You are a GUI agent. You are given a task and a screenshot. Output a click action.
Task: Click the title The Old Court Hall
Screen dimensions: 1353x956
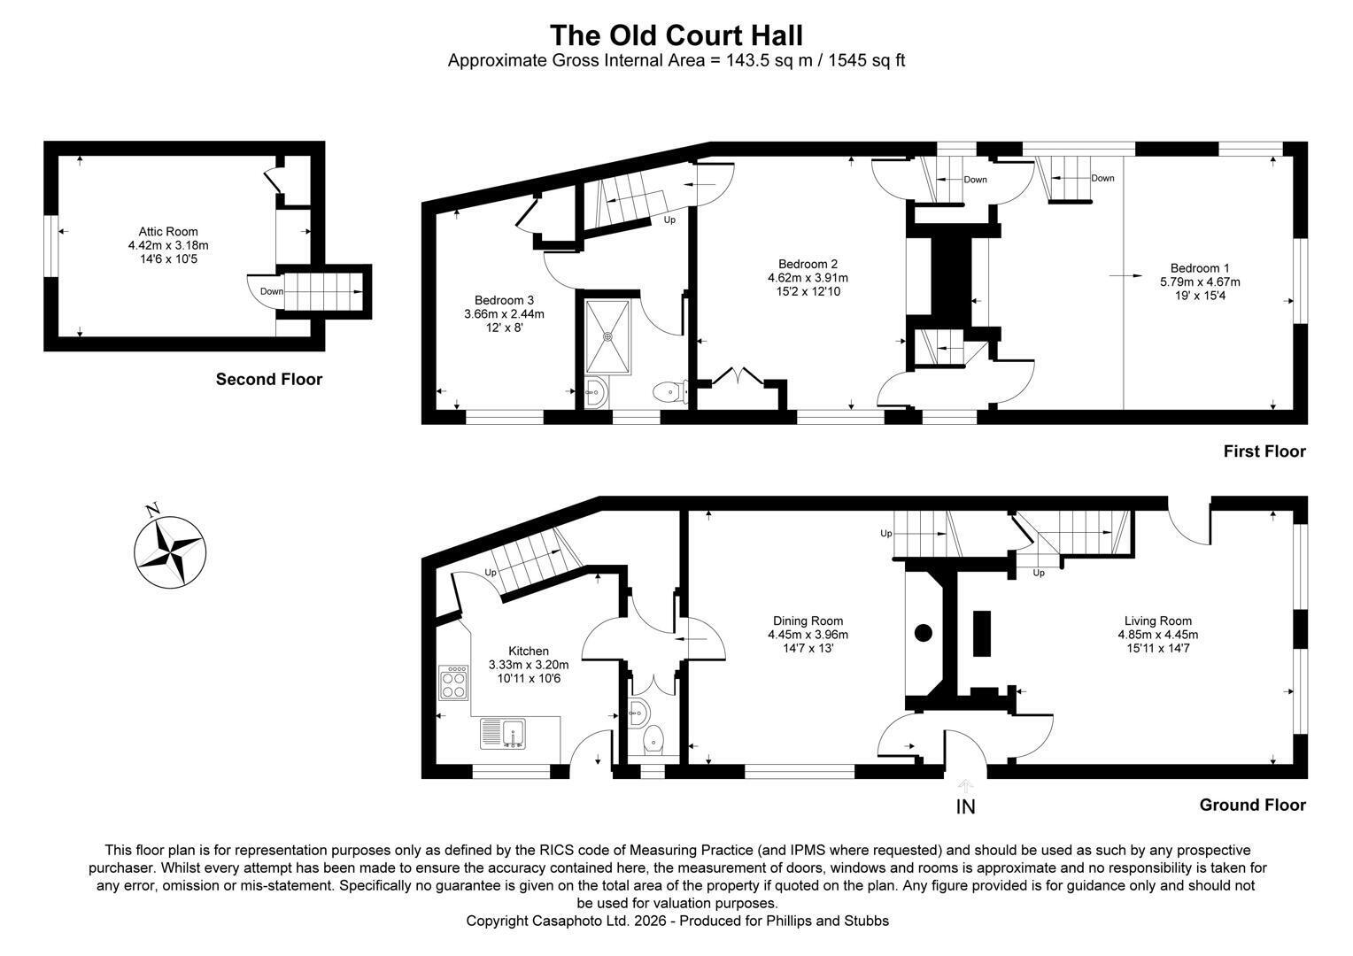coord(676,35)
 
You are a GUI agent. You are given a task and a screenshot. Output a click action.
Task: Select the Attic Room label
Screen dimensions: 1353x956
coord(168,231)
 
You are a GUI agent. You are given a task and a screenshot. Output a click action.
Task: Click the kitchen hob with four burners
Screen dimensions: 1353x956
coord(453,682)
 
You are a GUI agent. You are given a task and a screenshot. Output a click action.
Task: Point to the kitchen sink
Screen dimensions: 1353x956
coord(503,734)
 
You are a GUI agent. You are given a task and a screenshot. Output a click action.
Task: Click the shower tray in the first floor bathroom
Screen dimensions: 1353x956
coord(607,336)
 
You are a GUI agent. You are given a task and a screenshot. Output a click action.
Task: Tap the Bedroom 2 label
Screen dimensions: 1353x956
coord(808,264)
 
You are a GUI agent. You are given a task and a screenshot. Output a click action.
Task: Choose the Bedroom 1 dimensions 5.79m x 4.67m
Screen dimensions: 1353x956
coord(1200,282)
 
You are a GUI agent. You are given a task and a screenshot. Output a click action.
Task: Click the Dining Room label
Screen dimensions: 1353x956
coord(808,621)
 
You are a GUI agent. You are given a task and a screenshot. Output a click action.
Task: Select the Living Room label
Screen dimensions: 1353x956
coord(1158,621)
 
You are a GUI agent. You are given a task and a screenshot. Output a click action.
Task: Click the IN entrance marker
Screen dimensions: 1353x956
coord(965,806)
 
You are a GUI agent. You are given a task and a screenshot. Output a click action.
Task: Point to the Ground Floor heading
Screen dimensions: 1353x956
coord(1252,805)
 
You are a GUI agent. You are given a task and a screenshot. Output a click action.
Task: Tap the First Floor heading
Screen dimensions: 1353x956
coord(1264,451)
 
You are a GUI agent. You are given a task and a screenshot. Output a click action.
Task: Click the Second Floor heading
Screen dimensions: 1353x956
coord(269,379)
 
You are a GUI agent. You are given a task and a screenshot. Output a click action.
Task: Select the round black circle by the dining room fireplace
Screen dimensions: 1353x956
coord(923,633)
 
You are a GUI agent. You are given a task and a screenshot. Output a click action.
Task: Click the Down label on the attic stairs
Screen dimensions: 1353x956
coord(271,292)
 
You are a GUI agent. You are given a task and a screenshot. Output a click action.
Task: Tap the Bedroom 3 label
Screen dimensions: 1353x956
coord(504,300)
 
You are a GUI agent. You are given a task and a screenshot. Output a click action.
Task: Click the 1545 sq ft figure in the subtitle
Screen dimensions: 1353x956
coord(867,60)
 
